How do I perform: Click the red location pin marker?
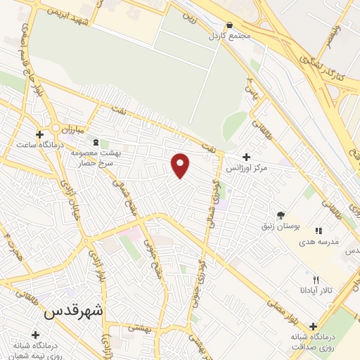click(x=181, y=165)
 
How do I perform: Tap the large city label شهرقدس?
click(x=74, y=310)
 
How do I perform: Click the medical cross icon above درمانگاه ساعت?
click(x=40, y=134)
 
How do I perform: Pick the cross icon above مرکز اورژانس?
click(x=246, y=157)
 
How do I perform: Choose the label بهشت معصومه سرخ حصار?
click(x=98, y=157)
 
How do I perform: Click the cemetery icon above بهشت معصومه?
click(x=96, y=143)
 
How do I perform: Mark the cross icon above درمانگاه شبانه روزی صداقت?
click(x=312, y=326)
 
